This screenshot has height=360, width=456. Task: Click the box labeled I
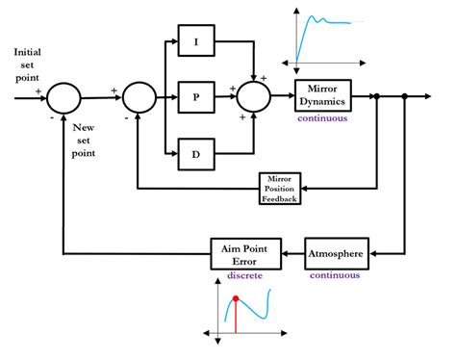pos(196,41)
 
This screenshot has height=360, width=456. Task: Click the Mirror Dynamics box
pos(323,95)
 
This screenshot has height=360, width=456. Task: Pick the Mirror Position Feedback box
pos(282,187)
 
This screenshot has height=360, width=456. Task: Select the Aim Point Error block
pos(245,254)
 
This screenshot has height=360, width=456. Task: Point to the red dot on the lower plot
pos(236,298)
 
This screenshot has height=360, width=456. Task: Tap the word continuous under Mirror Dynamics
pos(323,117)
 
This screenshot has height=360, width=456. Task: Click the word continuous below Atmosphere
pos(334,274)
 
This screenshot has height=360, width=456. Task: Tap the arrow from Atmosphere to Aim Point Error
pos(293,254)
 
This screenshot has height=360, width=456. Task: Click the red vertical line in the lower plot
pos(236,318)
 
